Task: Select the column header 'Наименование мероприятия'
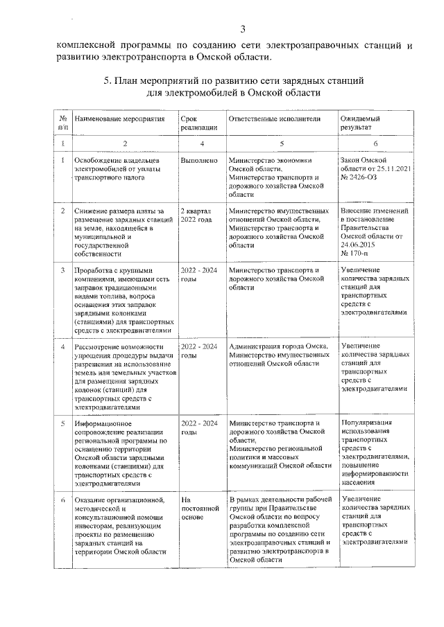[119, 119]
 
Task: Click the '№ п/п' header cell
[62, 123]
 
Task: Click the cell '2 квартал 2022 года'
[196, 214]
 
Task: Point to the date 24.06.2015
[357, 245]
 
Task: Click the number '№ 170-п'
[357, 254]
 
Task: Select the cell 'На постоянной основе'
[195, 508]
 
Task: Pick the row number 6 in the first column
[62, 499]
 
